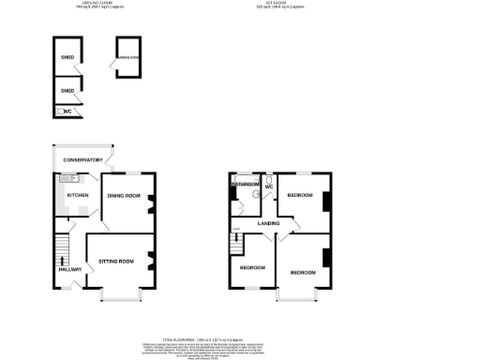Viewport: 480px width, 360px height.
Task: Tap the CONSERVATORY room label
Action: (x=82, y=160)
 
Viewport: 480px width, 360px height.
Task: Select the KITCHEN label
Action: (x=76, y=195)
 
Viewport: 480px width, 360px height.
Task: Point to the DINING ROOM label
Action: (x=123, y=195)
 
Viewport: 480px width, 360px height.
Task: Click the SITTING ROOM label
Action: (x=116, y=261)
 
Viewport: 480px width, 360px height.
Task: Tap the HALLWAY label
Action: (x=71, y=270)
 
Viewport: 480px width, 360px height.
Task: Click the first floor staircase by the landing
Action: (x=236, y=246)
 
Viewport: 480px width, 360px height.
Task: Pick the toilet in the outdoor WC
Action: (x=62, y=112)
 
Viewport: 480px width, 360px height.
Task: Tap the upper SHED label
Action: (x=67, y=56)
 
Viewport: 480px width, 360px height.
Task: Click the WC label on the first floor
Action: (x=268, y=187)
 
